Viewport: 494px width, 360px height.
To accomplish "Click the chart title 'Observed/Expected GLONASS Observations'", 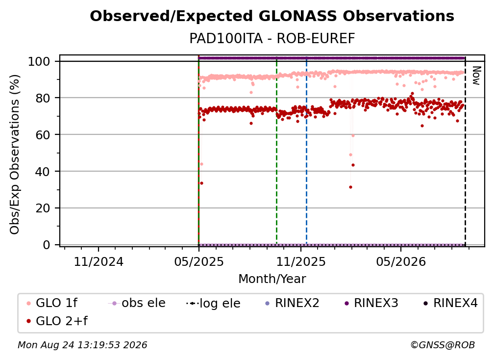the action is (272, 16).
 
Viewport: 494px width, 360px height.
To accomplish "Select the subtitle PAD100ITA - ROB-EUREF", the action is (272, 39).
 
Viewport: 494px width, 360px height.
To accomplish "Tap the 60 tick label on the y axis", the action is (43, 135).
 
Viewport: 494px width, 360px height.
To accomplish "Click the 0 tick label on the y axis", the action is (47, 245).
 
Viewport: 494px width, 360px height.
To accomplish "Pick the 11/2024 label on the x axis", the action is (99, 262).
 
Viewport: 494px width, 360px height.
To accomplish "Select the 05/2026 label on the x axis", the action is (401, 262).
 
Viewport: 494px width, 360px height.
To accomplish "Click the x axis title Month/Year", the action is (272, 279).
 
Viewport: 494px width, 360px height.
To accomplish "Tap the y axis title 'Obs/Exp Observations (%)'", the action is (15, 154).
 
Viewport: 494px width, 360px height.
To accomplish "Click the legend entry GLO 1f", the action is (52, 303).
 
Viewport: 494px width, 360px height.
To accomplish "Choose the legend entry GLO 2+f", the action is (57, 321).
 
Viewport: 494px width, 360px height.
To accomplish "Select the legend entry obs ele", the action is (137, 303).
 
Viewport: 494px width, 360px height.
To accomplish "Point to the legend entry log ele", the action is (213, 303).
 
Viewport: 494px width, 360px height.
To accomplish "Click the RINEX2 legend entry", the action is (293, 303).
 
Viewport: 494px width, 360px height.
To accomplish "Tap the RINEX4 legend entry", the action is (450, 303).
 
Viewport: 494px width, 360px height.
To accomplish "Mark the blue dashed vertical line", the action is (307, 151).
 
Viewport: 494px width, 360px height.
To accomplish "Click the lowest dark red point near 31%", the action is (351, 187).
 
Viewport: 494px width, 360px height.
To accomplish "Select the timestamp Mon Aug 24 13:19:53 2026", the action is (82, 345).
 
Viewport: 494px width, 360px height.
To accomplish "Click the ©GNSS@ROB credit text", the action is (443, 345).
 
